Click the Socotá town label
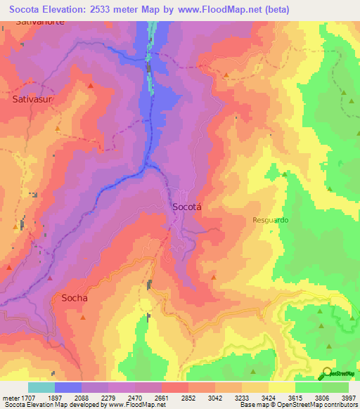point(187,207)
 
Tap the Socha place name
point(75,297)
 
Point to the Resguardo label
point(271,220)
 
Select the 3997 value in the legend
point(349,398)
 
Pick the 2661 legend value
point(161,398)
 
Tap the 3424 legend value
point(269,398)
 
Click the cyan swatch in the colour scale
point(41,387)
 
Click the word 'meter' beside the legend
point(11,398)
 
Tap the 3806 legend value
point(322,398)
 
